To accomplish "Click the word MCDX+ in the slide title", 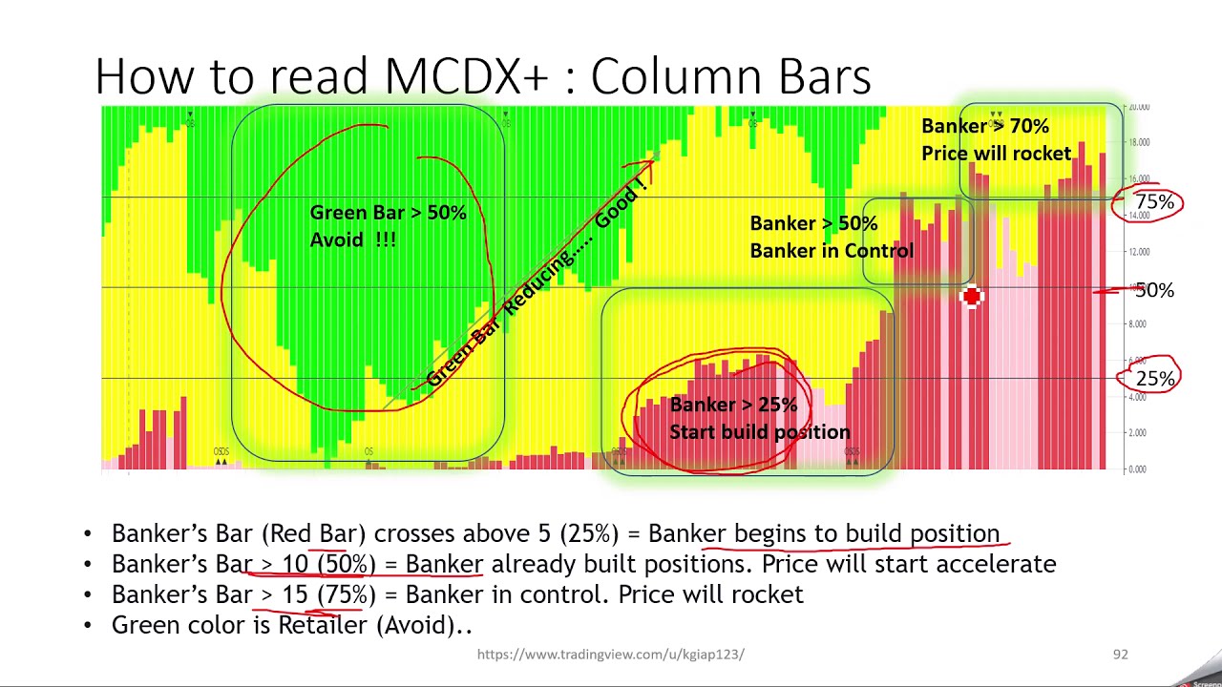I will (x=467, y=76).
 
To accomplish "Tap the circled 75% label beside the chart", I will (x=1154, y=202).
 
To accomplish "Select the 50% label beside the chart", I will (x=1154, y=290).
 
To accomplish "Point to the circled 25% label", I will (x=1155, y=379).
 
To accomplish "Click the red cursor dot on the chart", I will (x=971, y=297).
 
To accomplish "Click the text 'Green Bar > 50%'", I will (x=388, y=213).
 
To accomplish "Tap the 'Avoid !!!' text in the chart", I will (x=352, y=239).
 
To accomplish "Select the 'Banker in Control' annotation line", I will (x=832, y=251).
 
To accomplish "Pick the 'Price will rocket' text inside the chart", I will (x=996, y=154).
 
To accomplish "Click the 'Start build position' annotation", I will (x=759, y=432).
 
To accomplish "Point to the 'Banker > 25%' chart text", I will (x=733, y=405).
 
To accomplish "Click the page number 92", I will (x=1120, y=655).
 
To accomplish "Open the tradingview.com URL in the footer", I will (x=610, y=655).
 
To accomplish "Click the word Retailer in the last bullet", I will (x=322, y=625).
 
